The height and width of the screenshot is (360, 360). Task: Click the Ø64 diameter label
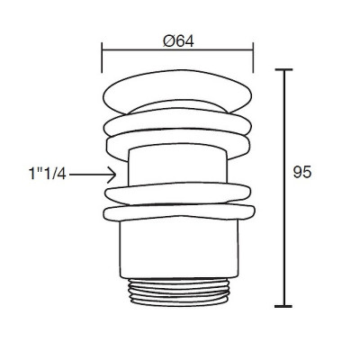click(178, 41)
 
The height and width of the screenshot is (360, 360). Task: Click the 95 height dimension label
click(302, 173)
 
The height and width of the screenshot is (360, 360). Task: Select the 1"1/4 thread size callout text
click(47, 174)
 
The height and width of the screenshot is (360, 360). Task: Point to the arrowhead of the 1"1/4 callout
click(112, 175)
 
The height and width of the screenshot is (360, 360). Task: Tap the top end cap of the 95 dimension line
click(283, 69)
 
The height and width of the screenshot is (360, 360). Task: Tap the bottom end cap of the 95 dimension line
click(283, 306)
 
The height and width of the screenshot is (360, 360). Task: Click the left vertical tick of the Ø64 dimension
click(102, 58)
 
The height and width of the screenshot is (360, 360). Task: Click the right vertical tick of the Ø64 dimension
click(254, 58)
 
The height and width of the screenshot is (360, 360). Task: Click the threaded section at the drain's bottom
click(179, 292)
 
